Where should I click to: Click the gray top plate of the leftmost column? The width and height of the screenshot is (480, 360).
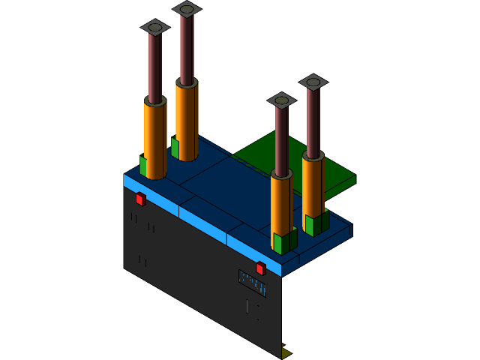[x=155, y=27]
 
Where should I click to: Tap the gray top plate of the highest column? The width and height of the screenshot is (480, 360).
[x=187, y=9]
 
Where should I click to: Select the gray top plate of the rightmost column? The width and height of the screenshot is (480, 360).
[x=313, y=82]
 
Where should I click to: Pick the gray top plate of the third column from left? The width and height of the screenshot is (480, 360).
[x=282, y=100]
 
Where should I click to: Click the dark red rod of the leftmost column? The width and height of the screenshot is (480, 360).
[x=154, y=67]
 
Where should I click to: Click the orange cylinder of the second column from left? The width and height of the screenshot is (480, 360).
[x=186, y=120]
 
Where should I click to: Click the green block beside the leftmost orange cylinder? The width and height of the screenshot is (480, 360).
[x=142, y=165]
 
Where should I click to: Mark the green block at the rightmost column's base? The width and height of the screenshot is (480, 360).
[x=313, y=224]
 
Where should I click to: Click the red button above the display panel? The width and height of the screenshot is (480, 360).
[x=260, y=268]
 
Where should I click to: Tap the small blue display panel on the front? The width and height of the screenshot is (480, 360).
[x=252, y=283]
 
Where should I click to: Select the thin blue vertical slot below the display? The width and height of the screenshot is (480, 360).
[x=247, y=306]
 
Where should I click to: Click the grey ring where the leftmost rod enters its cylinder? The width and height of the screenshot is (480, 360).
[x=155, y=100]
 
